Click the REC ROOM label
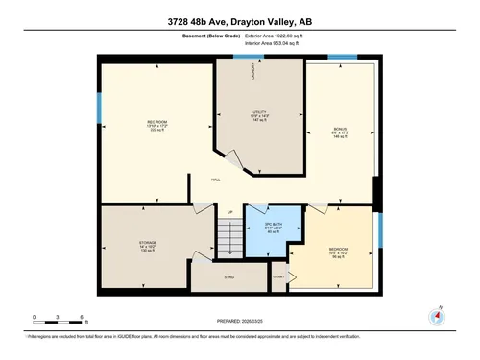[157, 123]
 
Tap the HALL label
[217, 180]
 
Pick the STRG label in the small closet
[228, 276]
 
